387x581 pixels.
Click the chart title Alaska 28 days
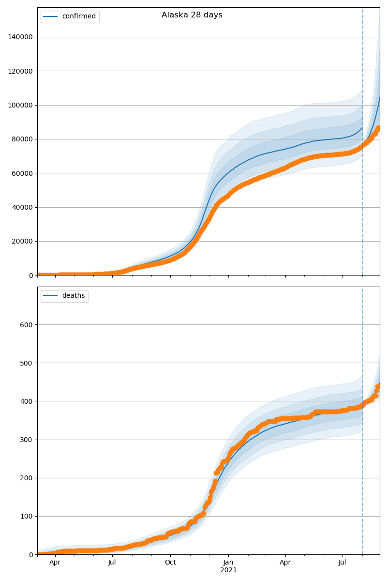tap(192, 15)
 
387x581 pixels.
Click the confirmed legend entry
tap(79, 16)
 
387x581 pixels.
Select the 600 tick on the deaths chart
tap(27, 324)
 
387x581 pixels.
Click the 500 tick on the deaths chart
tap(27, 363)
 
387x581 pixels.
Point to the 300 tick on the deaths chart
tap(27, 440)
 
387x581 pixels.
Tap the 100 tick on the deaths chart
tap(27, 516)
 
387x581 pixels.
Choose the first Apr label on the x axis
tap(55, 563)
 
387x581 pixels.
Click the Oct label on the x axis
tap(170, 563)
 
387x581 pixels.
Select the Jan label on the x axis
tap(228, 563)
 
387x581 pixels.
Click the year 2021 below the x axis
tap(228, 570)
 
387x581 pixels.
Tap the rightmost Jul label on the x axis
tap(342, 563)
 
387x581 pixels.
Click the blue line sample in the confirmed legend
tap(51, 16)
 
